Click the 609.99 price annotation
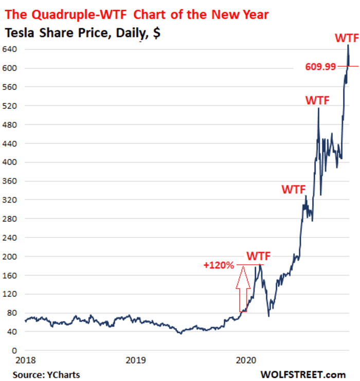pos(325,65)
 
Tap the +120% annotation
pos(219,265)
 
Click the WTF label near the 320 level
pos(293,189)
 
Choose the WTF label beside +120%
pos(258,256)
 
